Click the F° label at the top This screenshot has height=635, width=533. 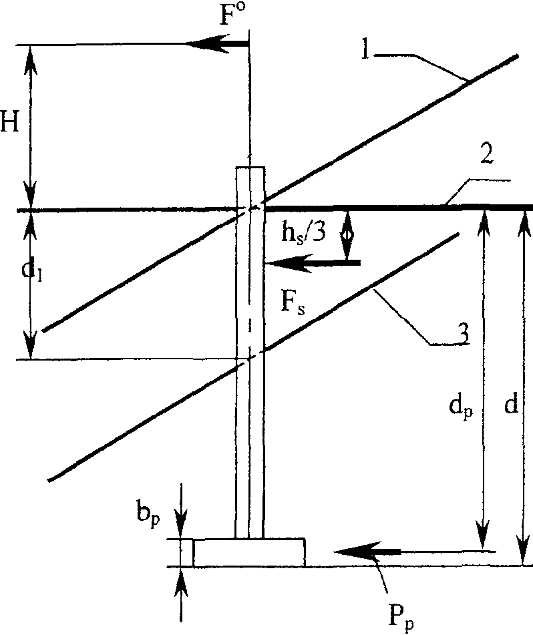tap(232, 15)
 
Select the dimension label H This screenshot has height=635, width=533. tap(10, 121)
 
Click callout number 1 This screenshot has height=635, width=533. tap(366, 50)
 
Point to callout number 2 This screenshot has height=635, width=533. tap(487, 154)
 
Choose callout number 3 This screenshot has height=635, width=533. tap(463, 334)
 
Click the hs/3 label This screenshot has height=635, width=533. tap(304, 234)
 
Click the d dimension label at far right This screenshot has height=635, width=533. tap(512, 404)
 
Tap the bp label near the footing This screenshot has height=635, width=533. tap(148, 515)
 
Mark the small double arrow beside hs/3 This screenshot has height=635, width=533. tap(347, 235)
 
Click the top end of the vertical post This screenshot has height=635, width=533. tap(250, 167)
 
